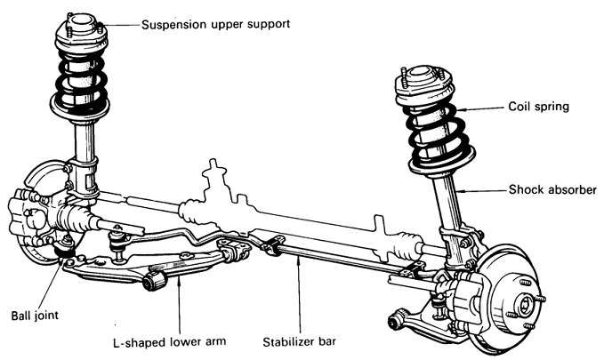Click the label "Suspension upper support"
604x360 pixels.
tap(215, 24)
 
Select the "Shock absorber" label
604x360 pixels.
tap(553, 189)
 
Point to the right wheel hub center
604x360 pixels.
tap(524, 308)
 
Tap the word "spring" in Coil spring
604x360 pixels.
tap(552, 106)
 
